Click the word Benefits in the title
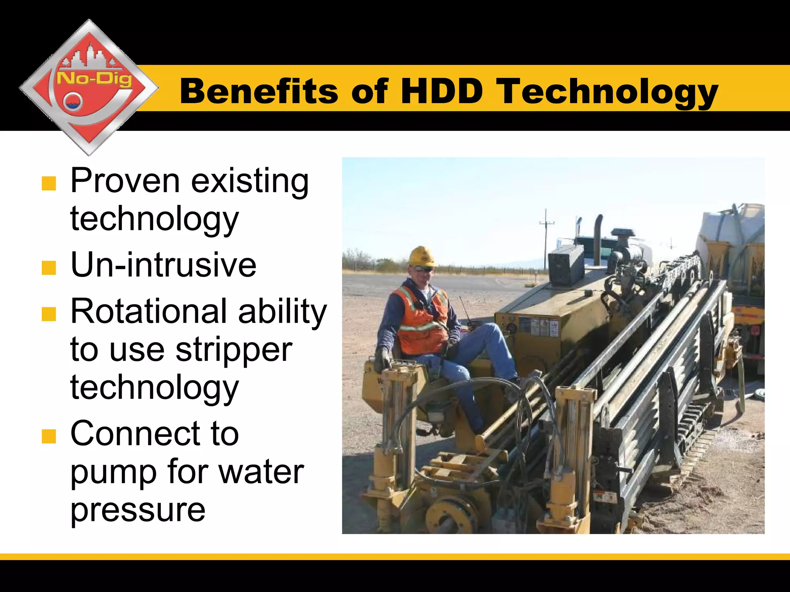click(259, 91)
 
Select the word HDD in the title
click(442, 91)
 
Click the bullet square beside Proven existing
click(49, 184)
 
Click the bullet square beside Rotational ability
click(49, 314)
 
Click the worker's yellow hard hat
click(423, 256)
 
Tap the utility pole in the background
click(546, 239)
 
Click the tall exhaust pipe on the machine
click(598, 239)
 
